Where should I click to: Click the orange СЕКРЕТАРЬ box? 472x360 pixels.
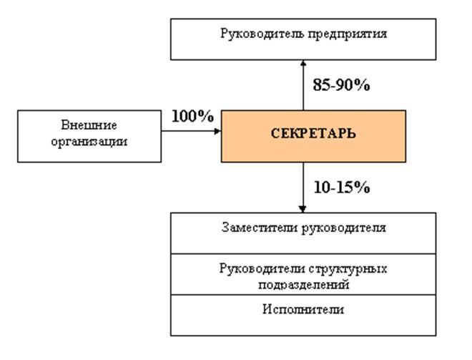click(x=313, y=135)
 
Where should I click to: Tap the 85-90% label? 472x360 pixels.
click(x=341, y=84)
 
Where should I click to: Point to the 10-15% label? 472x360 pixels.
click(x=341, y=188)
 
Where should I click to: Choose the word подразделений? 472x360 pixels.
click(x=303, y=283)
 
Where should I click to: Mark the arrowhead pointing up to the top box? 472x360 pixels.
click(x=303, y=64)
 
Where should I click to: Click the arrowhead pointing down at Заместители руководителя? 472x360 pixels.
click(x=303, y=208)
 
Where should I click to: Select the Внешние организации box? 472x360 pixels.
click(x=89, y=135)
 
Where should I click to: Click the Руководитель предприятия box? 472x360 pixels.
click(x=303, y=39)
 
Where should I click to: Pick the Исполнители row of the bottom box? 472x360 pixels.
click(x=303, y=315)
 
